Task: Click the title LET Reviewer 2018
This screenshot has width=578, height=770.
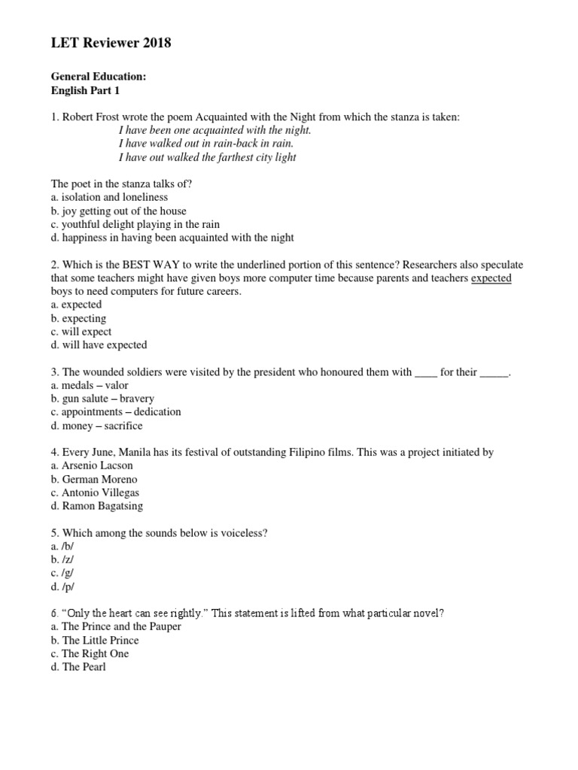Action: (x=111, y=44)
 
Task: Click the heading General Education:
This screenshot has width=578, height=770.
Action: (x=93, y=77)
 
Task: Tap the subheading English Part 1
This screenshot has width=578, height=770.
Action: (x=85, y=91)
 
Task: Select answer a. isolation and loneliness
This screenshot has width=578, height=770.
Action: (x=109, y=198)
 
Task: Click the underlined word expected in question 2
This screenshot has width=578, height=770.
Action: (x=491, y=278)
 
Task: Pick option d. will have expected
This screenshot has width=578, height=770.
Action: (x=99, y=345)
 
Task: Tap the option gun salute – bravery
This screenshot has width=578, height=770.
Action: (x=108, y=399)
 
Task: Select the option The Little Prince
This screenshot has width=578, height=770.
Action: (x=100, y=641)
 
